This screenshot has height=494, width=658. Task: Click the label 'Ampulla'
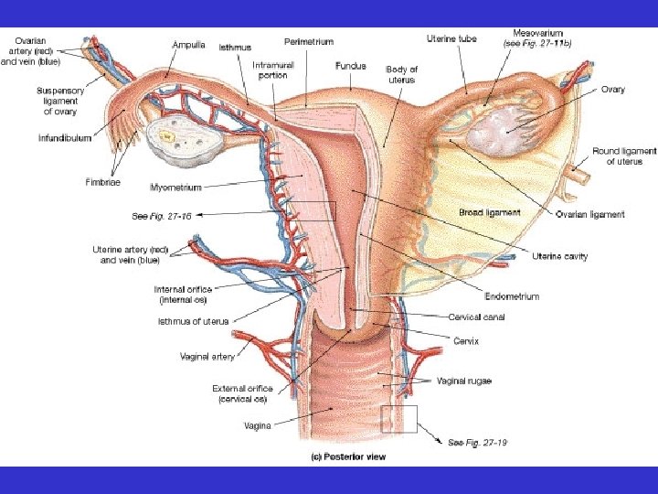click(189, 43)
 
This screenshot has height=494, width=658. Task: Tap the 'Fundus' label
click(350, 66)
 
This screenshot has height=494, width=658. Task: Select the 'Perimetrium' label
click(309, 41)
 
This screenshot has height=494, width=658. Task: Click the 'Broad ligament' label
click(489, 212)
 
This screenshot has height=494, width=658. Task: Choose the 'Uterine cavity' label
click(559, 256)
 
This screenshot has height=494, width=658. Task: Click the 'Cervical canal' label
click(476, 317)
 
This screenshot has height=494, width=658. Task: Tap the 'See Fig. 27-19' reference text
click(477, 442)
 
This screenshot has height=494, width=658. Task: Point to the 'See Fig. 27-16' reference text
click(162, 217)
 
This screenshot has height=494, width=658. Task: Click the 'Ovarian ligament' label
click(589, 214)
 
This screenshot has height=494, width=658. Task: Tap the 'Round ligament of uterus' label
click(624, 156)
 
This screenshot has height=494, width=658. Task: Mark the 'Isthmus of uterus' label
click(192, 321)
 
